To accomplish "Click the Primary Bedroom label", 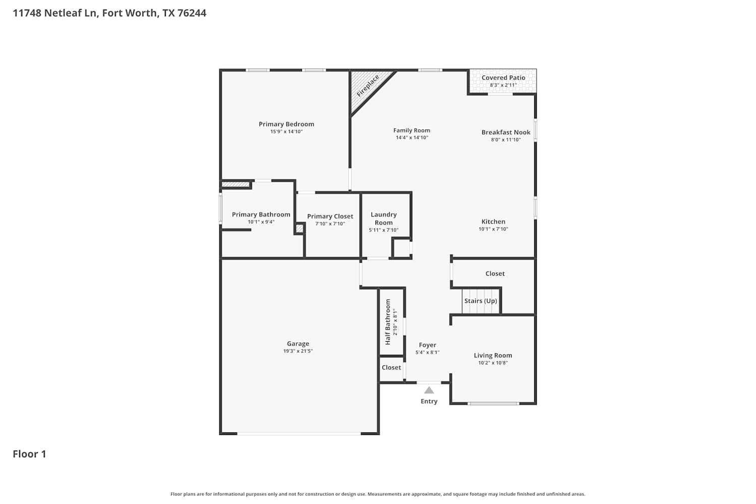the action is [x=286, y=124].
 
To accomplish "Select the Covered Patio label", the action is [x=503, y=78].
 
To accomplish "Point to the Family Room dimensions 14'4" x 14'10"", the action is [x=412, y=138].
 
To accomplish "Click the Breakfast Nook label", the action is [x=506, y=133].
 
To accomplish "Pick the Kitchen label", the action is [x=493, y=221].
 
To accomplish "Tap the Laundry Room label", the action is [x=384, y=218].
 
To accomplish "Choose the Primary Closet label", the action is [x=330, y=216].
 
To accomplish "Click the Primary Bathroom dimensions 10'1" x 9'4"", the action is [x=261, y=222].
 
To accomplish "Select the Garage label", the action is [x=298, y=344].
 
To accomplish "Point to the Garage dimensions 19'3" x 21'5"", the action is [x=298, y=351].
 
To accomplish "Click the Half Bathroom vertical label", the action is [x=388, y=322].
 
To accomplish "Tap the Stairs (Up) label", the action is [x=481, y=301].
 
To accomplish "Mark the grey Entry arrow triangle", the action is [x=429, y=390].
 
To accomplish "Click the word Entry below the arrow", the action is [x=429, y=401].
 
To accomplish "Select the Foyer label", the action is [x=427, y=345].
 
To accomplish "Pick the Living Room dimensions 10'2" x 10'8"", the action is [x=493, y=363].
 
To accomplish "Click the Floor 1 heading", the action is [x=29, y=454].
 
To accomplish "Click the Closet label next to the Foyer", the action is [x=391, y=367].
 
